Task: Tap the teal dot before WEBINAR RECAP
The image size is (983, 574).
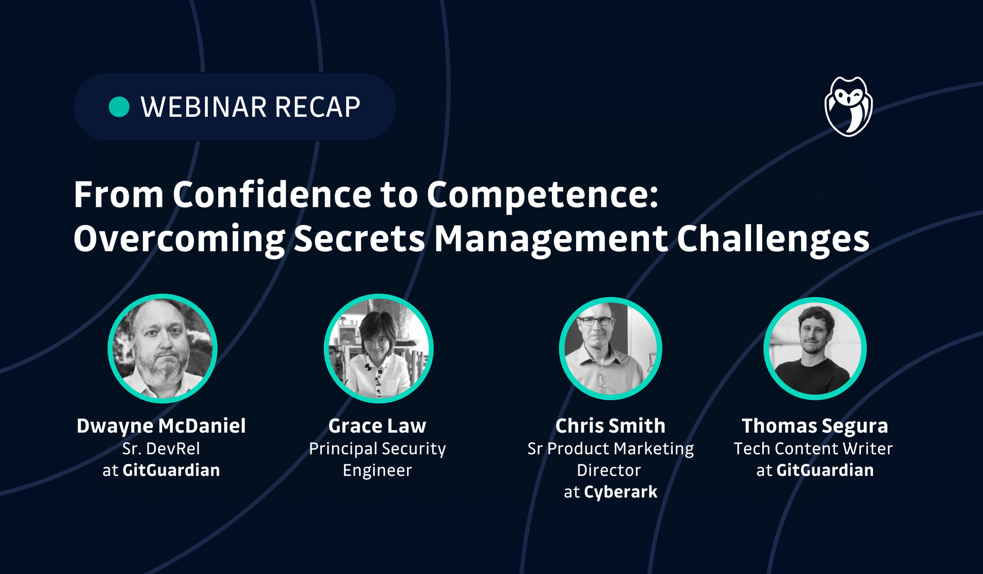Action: click(119, 107)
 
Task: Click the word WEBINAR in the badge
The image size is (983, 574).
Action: click(203, 107)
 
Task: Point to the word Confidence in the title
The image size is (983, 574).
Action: click(272, 195)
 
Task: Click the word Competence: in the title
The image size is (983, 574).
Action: click(542, 195)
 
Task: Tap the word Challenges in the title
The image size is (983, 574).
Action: click(773, 239)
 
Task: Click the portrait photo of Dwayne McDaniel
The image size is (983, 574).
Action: click(163, 349)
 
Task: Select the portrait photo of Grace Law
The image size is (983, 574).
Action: click(378, 349)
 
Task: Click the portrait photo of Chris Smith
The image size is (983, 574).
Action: click(610, 349)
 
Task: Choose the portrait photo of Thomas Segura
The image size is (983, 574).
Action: click(815, 349)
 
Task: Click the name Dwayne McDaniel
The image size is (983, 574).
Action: click(161, 426)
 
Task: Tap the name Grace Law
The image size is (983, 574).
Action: click(377, 426)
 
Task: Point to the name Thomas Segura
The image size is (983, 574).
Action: click(815, 426)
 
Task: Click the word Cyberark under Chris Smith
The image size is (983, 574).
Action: click(620, 492)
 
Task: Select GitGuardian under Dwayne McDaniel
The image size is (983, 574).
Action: click(171, 470)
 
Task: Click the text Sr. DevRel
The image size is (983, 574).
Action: click(161, 448)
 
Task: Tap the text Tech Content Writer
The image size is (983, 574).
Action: click(813, 448)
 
